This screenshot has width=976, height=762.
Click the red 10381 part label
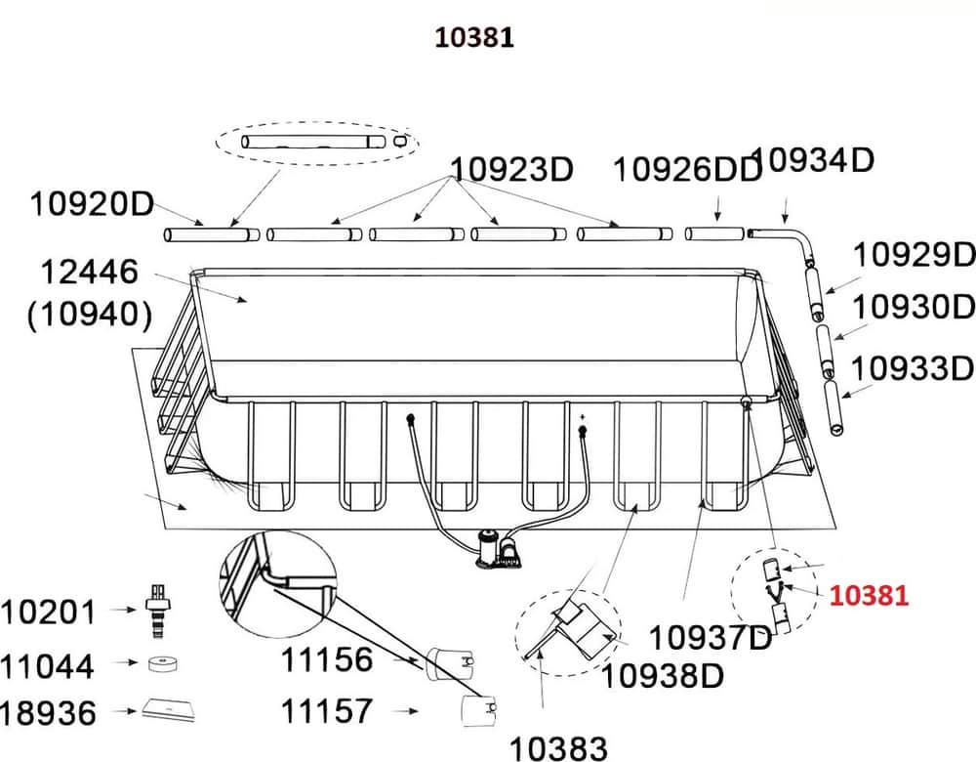click(x=869, y=596)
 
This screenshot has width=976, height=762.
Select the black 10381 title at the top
click(x=474, y=37)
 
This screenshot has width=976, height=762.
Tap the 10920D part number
click(x=92, y=204)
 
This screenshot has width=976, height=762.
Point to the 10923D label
click(x=511, y=169)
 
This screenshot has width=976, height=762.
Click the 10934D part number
click(x=815, y=160)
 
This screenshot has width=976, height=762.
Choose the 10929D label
click(x=914, y=254)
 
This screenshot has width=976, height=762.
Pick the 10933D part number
click(x=912, y=368)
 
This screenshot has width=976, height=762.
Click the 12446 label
click(x=89, y=273)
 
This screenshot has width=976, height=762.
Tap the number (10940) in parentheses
click(x=90, y=314)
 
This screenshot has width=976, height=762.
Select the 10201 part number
click(x=48, y=613)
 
